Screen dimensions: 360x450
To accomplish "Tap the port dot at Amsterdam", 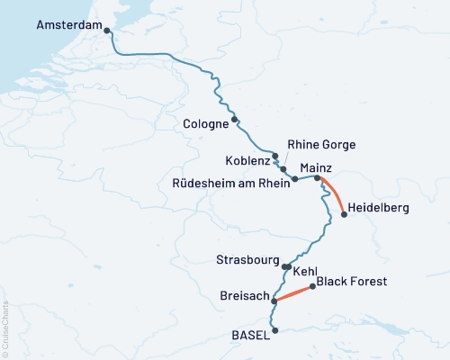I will coord(108,31).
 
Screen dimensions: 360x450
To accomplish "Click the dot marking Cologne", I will coord(234,120).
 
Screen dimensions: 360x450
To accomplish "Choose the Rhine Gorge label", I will coord(321,144).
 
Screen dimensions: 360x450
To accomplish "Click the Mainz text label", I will coord(316,166).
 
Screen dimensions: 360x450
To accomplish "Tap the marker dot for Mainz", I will coord(317,178).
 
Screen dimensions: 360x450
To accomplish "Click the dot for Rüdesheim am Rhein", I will coord(295,180).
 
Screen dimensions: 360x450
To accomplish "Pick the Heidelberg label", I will coord(378,208).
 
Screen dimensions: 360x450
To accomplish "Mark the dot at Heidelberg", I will coord(344,214).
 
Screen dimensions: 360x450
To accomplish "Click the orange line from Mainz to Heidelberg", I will coord(331,195).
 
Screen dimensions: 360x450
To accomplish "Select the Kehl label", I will coord(305,269).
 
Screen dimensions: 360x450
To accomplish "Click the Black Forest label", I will coord(352,282).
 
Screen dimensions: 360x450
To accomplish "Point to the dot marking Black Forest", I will coord(312,287).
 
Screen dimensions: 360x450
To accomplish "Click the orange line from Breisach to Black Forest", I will coord(292,294).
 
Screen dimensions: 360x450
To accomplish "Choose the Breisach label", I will coord(242,295).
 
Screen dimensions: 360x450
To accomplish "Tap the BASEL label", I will coord(250,335).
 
